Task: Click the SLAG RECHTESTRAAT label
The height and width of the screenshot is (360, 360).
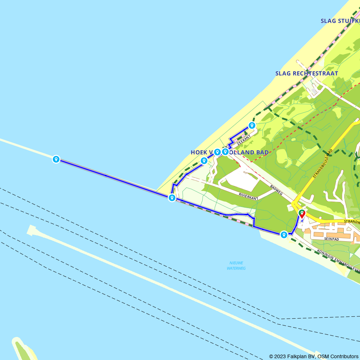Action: coord(306,73)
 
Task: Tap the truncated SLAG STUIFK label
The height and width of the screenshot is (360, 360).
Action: coord(340,21)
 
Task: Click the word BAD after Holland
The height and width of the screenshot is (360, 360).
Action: coord(261,153)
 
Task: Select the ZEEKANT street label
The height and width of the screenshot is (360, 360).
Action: coord(243,140)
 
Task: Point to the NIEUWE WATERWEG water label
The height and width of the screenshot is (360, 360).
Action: coord(236,265)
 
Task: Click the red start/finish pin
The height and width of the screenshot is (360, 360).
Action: coord(302,214)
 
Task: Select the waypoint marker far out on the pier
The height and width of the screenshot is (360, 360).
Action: coord(56,159)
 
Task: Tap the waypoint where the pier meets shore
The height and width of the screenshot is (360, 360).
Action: coord(172,198)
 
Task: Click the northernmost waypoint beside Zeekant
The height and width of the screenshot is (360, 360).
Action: coord(252,126)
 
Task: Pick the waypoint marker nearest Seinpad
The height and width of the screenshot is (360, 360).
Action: coord(284,235)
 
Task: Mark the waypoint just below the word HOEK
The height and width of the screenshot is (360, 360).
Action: coord(204,161)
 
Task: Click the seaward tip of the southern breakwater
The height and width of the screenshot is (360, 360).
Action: coord(31,230)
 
